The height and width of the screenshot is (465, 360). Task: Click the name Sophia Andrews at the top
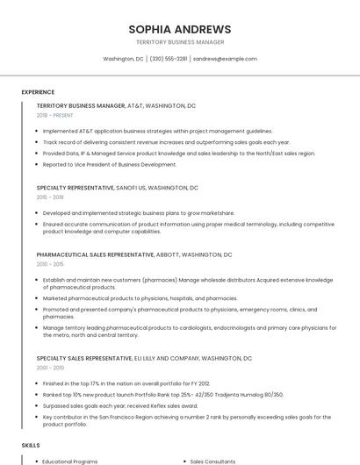pyautogui.click(x=179, y=29)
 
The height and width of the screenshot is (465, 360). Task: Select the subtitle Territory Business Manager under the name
pyautogui.click(x=179, y=42)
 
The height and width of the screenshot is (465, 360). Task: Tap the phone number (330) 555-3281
pyautogui.click(x=169, y=59)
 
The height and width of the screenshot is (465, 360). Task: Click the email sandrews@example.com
pyautogui.click(x=225, y=59)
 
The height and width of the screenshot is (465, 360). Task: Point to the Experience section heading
pyautogui.click(x=38, y=91)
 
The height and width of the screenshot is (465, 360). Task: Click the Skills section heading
pyautogui.click(x=31, y=446)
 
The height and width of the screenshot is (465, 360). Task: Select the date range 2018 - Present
pyautogui.click(x=55, y=115)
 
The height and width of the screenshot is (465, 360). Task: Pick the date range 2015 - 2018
pyautogui.click(x=51, y=197)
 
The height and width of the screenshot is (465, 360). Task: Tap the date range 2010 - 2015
pyautogui.click(x=50, y=263)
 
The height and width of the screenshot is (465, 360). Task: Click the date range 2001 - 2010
pyautogui.click(x=50, y=368)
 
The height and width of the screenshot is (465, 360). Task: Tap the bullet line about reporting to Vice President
pyautogui.click(x=110, y=164)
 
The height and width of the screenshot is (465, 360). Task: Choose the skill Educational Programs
pyautogui.click(x=70, y=461)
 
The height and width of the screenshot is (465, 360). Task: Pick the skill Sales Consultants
pyautogui.click(x=213, y=461)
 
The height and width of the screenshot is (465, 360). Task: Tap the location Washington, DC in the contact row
pyautogui.click(x=123, y=59)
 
